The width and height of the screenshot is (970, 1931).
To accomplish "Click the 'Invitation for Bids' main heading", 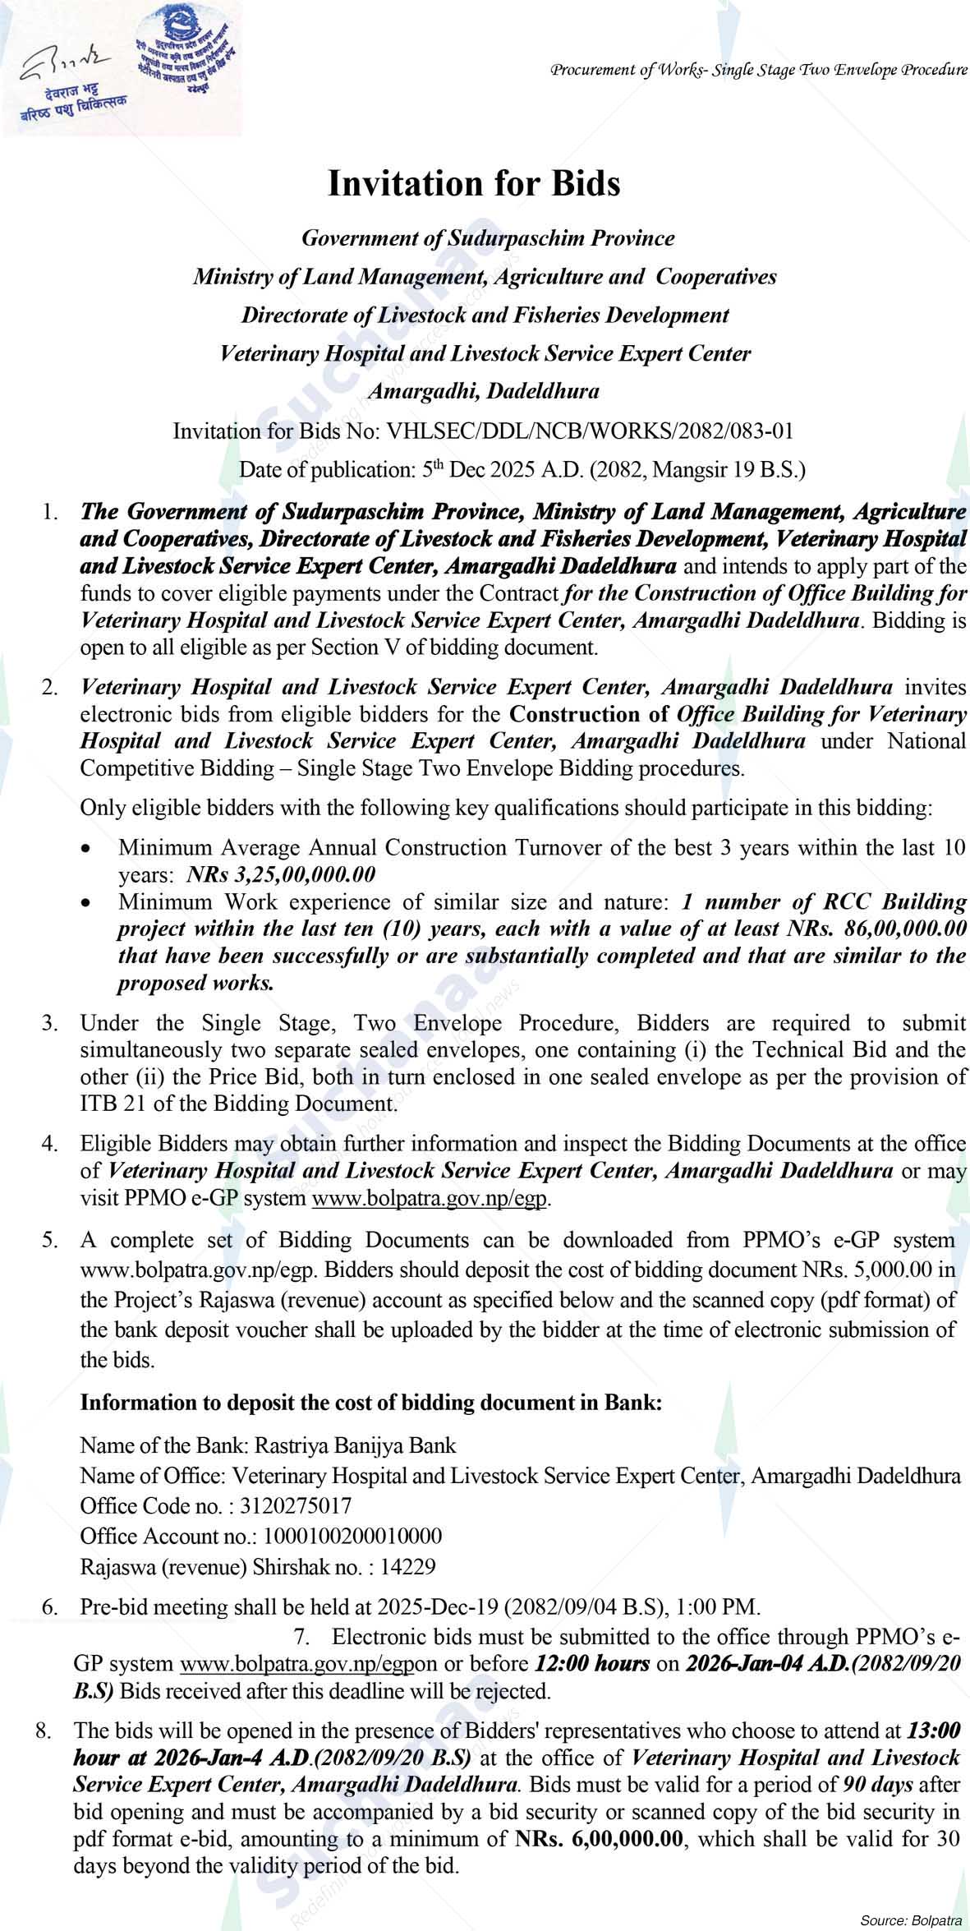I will (474, 182).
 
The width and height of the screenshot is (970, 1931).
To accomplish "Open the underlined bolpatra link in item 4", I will (429, 1199).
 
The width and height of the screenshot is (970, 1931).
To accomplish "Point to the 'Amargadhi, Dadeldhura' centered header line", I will (483, 392).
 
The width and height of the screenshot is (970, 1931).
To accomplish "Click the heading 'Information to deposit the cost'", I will (370, 1403).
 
